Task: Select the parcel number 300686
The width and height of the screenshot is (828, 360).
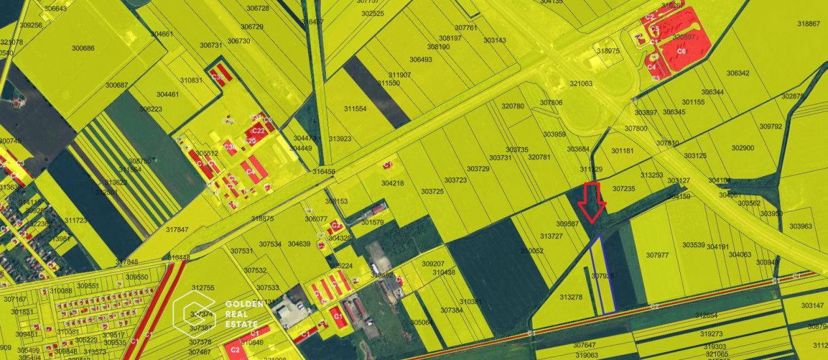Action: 83,48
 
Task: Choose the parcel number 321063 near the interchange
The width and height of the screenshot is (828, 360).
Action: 581,83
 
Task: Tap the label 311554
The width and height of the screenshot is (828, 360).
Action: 357,109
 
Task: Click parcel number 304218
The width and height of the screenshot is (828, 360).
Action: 392,183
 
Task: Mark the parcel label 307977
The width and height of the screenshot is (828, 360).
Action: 657,255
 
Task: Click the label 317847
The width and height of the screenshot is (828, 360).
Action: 177,230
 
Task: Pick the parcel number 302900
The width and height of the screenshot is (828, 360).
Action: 743,148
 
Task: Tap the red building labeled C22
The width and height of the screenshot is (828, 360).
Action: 258,131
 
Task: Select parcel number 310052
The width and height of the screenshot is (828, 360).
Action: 532,250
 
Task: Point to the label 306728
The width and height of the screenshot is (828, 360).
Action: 258,8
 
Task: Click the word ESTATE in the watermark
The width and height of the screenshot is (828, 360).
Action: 242,324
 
